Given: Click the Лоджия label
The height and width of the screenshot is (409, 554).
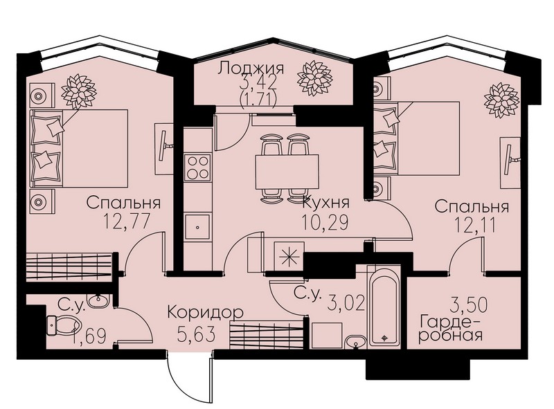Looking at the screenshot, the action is (x=251, y=68).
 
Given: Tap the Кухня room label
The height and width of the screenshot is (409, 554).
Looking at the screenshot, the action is (x=326, y=203).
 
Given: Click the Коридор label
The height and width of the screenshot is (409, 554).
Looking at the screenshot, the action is (x=206, y=313).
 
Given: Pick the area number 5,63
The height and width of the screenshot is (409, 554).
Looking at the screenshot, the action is (x=197, y=334).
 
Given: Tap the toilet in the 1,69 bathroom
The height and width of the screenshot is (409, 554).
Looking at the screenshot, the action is (x=64, y=325).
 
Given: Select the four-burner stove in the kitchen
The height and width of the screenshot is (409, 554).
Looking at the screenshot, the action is (x=198, y=167).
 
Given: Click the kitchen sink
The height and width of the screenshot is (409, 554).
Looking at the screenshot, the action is (x=198, y=227).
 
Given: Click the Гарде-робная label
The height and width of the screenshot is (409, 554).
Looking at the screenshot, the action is (x=450, y=329).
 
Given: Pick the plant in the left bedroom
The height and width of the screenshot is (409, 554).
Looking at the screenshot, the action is (x=78, y=92).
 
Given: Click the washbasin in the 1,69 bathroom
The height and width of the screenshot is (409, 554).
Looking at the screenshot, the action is (x=98, y=302).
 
